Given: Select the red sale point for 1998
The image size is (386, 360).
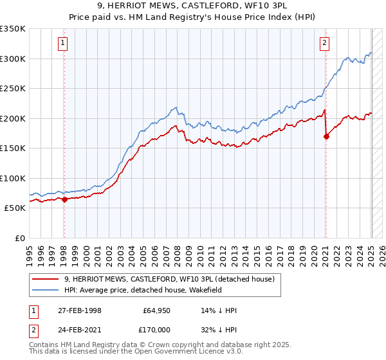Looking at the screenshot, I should pos(64,199).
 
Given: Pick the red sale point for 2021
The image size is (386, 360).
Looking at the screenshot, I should pos(326,136).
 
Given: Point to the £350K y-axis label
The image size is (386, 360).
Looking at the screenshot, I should pos(13,29).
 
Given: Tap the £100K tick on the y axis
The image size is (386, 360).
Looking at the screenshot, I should pos(13,178).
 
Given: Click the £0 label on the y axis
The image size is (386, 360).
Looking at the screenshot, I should pos(20,238).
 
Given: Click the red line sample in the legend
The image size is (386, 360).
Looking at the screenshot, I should pos(46,279).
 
